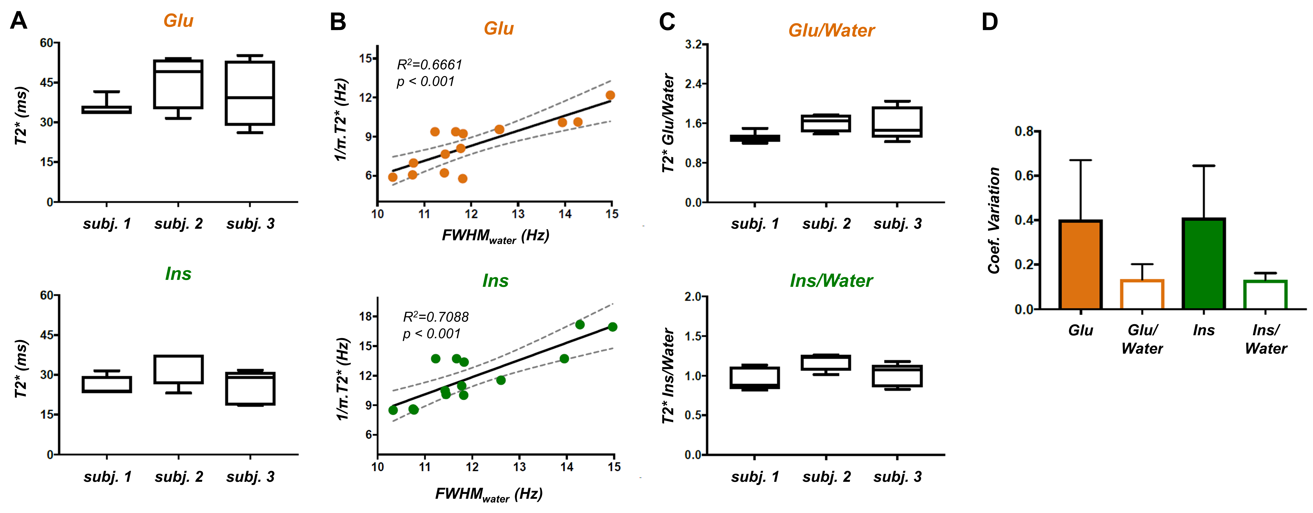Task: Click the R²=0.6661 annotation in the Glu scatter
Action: [x=429, y=65]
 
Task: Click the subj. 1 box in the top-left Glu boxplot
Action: [x=106, y=110]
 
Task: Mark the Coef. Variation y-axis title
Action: [x=994, y=220]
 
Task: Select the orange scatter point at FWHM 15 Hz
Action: [x=610, y=95]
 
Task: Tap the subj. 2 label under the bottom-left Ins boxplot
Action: [x=179, y=477]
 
